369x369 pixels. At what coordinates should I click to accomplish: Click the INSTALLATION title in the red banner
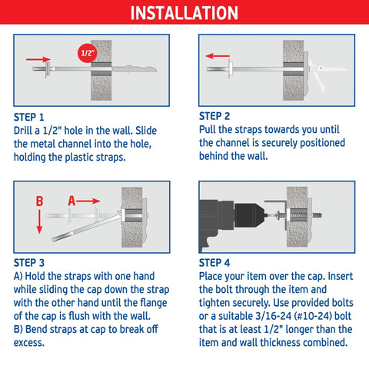point(184,14)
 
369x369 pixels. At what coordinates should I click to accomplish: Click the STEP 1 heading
point(35,118)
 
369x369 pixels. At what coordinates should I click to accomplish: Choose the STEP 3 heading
point(35,263)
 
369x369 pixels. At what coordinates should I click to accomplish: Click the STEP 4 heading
point(219,263)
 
